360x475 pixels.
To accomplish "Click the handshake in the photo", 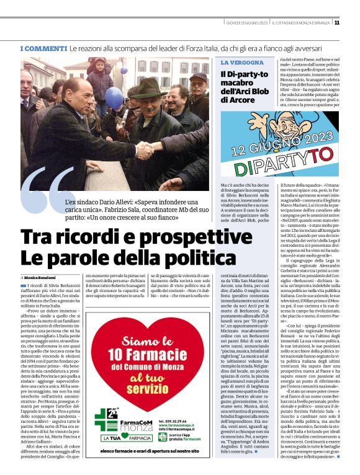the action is [146, 149].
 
